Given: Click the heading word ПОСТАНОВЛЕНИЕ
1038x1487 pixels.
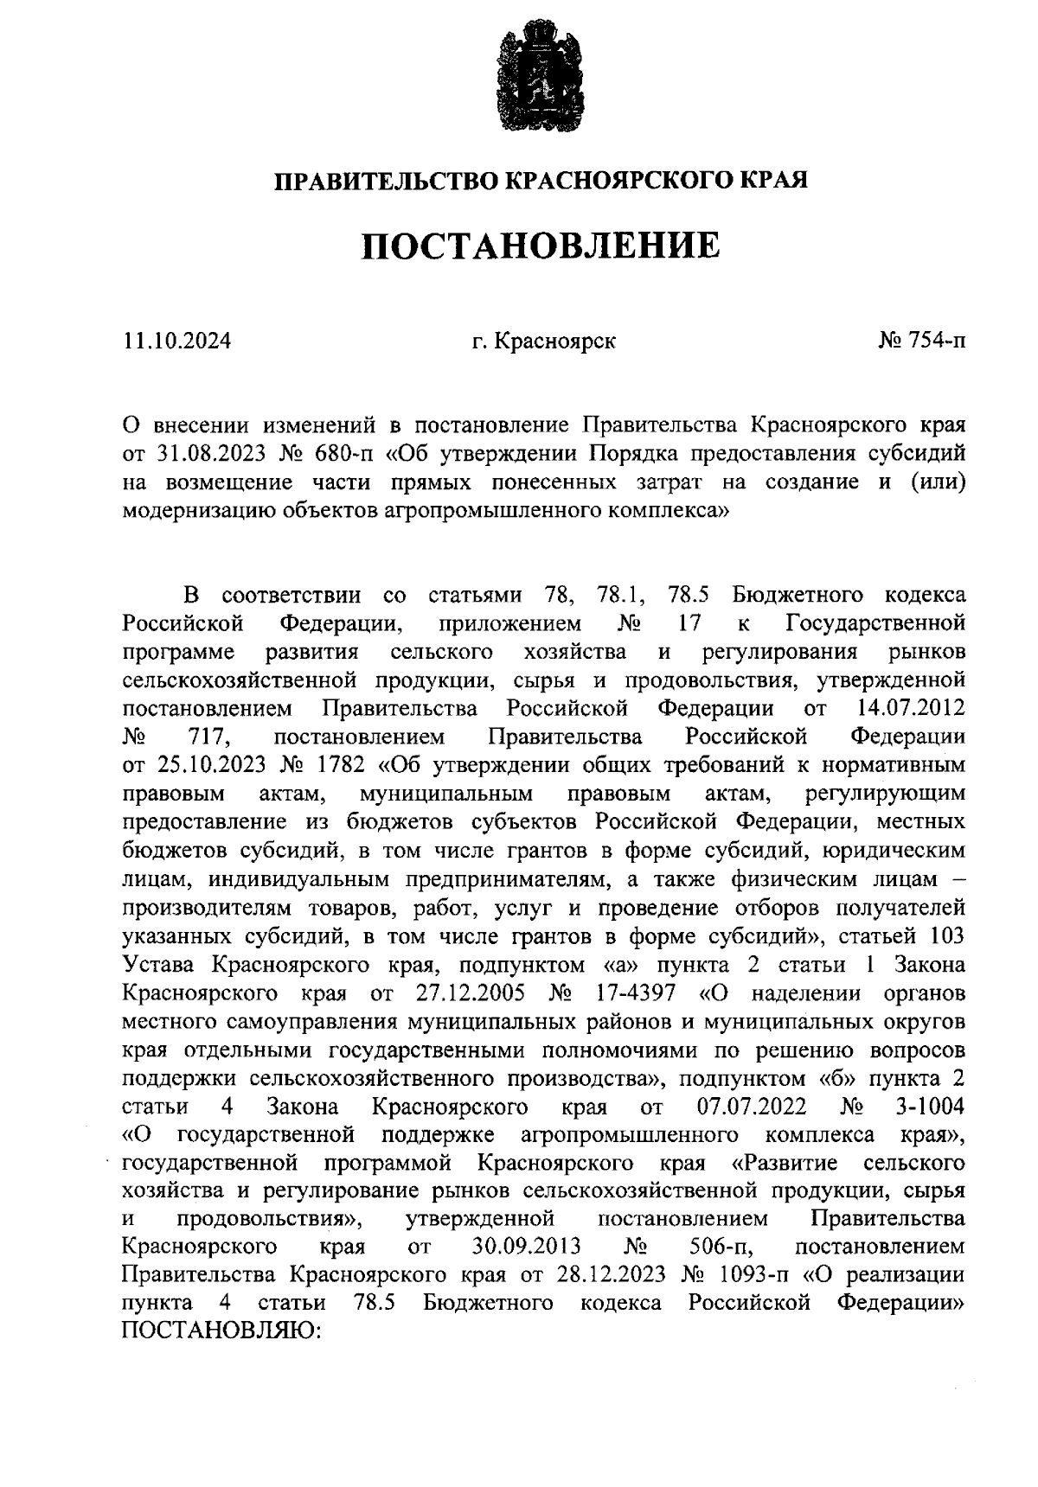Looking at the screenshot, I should [540, 246].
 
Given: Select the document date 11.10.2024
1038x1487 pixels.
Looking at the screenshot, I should [176, 341].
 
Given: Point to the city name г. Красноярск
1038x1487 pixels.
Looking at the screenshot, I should [543, 341].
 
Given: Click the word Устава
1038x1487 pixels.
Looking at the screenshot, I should [162, 964].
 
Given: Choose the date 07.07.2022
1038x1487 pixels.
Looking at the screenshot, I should [751, 1107].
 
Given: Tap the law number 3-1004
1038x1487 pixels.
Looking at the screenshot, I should [930, 1107].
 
